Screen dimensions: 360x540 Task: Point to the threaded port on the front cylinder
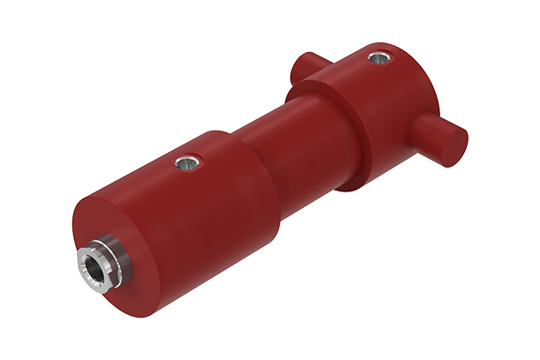(x=188, y=161)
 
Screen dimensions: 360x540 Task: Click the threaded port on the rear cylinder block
(x=379, y=59)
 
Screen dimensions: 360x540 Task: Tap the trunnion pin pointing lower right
(x=437, y=137)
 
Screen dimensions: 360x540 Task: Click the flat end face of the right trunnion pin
(x=454, y=146)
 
